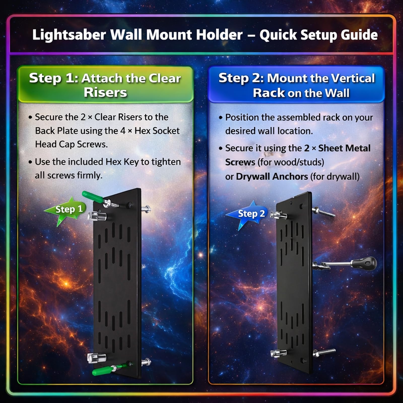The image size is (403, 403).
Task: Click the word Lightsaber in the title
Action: point(69,35)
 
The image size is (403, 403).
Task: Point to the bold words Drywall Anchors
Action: point(272,177)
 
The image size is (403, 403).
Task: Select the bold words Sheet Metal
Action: point(344,148)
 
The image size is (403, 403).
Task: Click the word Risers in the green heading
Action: point(105,92)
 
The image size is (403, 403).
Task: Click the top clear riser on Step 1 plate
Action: point(97,216)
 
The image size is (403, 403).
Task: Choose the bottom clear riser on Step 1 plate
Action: point(96,358)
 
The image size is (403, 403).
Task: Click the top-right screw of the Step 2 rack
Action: point(323,212)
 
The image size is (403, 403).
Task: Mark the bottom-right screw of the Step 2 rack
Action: point(324,352)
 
